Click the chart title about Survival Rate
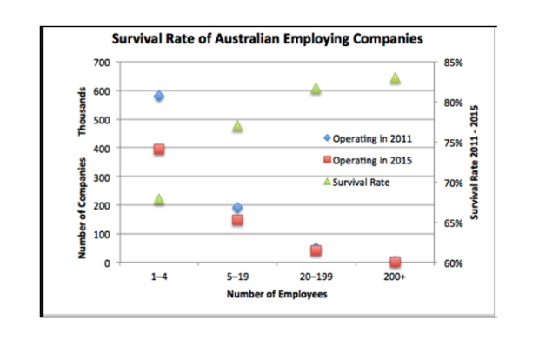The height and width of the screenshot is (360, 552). (x=268, y=39)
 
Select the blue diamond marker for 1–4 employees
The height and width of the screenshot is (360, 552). (x=159, y=96)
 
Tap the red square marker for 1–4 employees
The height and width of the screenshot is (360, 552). (x=159, y=150)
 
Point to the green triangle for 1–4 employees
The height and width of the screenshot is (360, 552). (x=159, y=200)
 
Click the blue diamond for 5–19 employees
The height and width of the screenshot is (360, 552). (x=237, y=208)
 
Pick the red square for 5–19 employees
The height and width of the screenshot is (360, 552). (x=237, y=220)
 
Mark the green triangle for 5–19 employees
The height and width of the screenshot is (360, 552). (x=237, y=126)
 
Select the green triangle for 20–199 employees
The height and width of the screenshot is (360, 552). (x=316, y=88)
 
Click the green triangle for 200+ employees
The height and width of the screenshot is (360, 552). (x=395, y=77)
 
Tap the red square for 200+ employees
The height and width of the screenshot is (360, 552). (x=395, y=262)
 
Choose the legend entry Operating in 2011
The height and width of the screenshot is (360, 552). (x=371, y=138)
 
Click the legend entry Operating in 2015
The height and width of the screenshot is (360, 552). (x=371, y=160)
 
